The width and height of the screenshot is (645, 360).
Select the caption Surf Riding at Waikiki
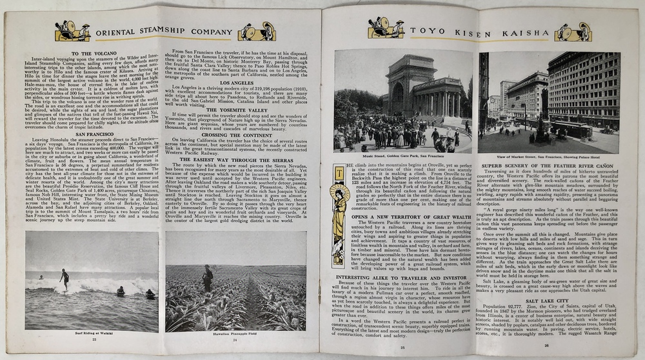(x=93, y=334)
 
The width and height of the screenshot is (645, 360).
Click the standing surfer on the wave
(x=64, y=278)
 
